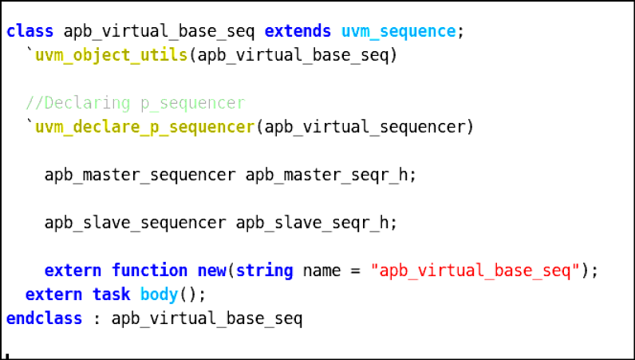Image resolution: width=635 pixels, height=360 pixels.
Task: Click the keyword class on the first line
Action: point(30,31)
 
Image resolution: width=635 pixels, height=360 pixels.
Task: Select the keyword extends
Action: point(298,31)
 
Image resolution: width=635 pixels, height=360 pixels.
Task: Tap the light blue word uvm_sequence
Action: point(399,31)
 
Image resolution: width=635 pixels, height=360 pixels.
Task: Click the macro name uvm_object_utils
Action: point(112,55)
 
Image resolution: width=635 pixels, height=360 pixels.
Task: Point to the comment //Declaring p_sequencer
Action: point(136,104)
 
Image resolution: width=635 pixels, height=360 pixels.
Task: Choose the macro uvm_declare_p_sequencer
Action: point(144,127)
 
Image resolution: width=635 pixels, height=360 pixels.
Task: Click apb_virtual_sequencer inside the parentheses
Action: point(365,127)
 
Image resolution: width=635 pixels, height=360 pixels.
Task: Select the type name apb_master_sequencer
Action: point(140,175)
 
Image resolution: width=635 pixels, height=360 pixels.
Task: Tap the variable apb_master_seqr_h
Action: point(326,175)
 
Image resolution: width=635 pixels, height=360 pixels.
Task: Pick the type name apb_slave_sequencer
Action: point(136,223)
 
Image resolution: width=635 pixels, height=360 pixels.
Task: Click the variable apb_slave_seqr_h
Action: point(312,223)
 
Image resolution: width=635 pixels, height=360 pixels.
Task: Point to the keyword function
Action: point(149,271)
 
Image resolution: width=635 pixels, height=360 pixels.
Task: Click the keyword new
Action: point(212,271)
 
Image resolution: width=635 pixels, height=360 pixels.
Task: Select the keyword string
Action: point(264,271)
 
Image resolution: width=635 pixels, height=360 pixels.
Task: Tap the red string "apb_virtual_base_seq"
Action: point(475,271)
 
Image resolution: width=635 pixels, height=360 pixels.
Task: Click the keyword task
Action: point(112,295)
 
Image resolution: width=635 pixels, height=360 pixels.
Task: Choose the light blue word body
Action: point(160,295)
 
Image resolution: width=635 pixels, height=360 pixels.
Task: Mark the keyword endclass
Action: point(44,318)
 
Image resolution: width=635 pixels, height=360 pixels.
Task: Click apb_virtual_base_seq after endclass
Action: point(207,318)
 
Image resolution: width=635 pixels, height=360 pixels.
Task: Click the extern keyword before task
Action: point(54,295)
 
